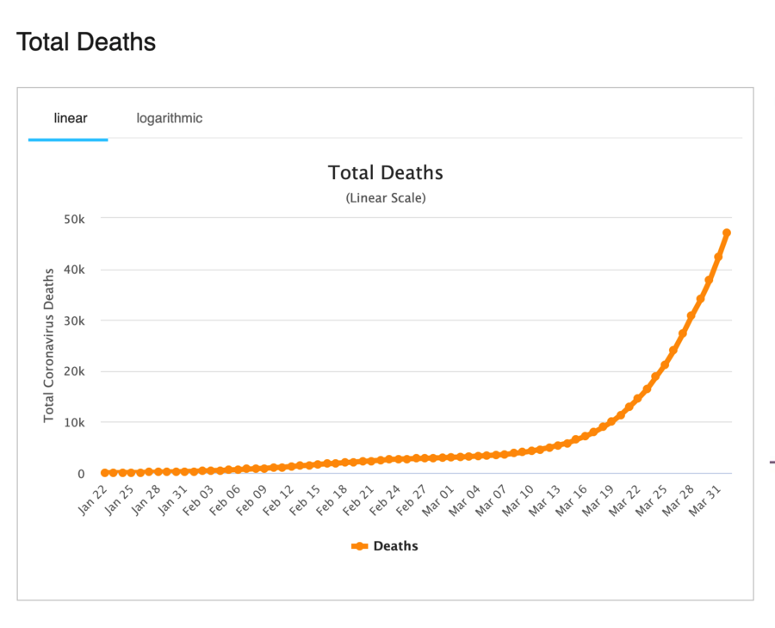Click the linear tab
click(71, 118)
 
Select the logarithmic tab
click(170, 118)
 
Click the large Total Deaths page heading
click(86, 41)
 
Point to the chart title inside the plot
click(386, 172)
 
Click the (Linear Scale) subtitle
click(386, 198)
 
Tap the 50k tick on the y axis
click(74, 220)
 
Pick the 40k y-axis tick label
click(74, 270)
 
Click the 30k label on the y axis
click(74, 321)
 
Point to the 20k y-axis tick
click(74, 372)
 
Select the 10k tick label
click(74, 423)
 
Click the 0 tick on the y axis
click(81, 474)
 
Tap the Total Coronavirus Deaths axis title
click(49, 345)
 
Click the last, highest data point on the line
click(727, 233)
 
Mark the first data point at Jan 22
click(105, 473)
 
